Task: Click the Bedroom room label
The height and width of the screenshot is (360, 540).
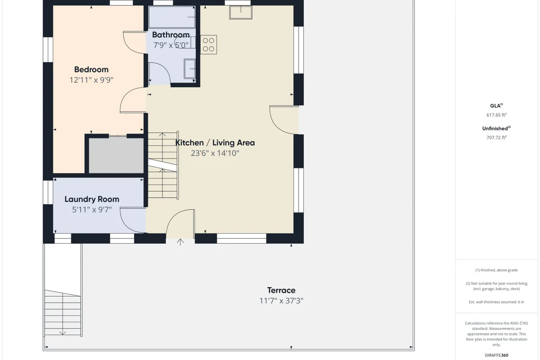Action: [x=92, y=70]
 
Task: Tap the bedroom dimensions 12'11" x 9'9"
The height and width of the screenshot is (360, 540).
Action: [x=92, y=80]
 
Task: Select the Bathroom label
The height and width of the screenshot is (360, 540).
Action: [x=171, y=35]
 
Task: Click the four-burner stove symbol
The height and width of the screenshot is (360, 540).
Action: [x=208, y=45]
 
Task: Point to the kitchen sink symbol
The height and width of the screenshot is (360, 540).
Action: [x=240, y=12]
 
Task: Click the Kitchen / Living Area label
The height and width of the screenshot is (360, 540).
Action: [x=215, y=143]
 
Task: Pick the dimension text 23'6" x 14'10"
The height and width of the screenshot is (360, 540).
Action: [x=215, y=153]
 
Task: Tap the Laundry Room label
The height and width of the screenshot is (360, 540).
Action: [x=92, y=199]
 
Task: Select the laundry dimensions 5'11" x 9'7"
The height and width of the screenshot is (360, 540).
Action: [x=92, y=209]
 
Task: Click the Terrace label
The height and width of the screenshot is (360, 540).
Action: [x=281, y=290]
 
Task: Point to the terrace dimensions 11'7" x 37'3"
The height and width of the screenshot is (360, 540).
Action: [x=281, y=300]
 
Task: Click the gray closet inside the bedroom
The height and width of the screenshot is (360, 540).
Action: [x=116, y=155]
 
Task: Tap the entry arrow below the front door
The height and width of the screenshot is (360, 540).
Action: [x=180, y=242]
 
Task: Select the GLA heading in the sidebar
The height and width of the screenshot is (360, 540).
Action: [x=497, y=106]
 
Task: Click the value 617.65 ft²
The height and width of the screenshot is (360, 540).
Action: [x=497, y=115]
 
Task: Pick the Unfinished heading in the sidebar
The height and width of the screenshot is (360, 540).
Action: [x=497, y=128]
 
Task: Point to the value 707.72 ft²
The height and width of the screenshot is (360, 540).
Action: [x=497, y=138]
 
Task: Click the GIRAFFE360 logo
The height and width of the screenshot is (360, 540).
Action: [x=497, y=355]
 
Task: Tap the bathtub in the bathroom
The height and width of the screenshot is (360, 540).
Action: [x=172, y=17]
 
